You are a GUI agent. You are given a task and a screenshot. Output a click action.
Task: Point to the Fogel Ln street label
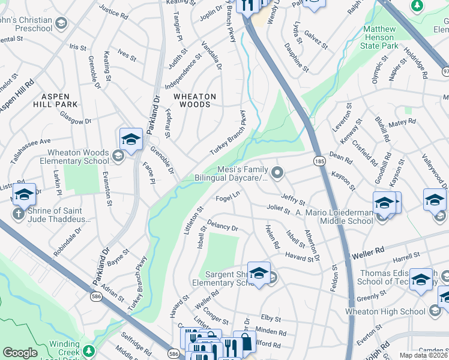[228, 197]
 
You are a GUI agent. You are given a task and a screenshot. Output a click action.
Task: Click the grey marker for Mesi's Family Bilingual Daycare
[277, 173]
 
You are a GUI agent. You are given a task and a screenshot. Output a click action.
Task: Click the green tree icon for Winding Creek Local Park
[89, 350]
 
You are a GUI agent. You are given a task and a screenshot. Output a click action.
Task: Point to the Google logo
[20, 353]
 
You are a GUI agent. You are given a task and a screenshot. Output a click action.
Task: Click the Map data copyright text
[423, 355]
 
